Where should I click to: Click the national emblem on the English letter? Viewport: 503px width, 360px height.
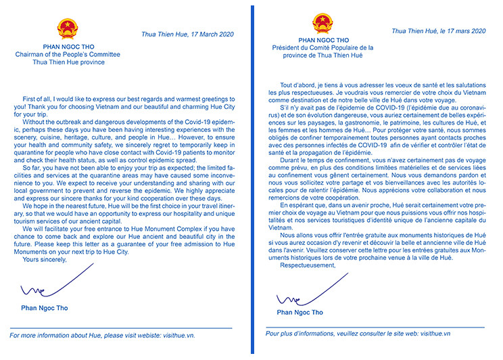coord(68,28)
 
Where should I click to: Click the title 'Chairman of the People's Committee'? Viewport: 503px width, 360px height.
coord(68,54)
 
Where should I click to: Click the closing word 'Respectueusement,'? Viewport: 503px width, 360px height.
coord(308,265)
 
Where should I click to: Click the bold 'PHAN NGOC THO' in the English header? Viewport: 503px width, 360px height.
coord(68,47)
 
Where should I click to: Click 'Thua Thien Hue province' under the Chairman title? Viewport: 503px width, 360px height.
coord(68,62)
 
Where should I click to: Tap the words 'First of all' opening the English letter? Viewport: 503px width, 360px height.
coord(40,99)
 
